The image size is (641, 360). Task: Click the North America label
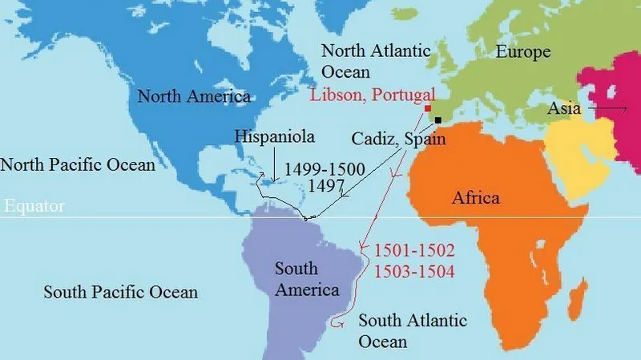[x=194, y=97]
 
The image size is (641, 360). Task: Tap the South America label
[x=307, y=278]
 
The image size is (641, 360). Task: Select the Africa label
[x=475, y=198]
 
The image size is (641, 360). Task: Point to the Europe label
[x=523, y=52]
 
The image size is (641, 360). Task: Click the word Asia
[x=565, y=108]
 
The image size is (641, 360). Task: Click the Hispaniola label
[x=274, y=136]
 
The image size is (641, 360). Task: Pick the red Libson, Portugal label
[x=373, y=94]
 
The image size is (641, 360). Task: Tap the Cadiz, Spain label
[x=398, y=138]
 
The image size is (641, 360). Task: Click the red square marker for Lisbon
[x=427, y=108]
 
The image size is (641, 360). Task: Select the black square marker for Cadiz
[x=437, y=119]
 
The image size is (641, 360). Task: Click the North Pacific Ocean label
[x=77, y=165]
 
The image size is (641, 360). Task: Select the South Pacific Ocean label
[x=120, y=292]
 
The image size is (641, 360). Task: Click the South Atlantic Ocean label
[x=412, y=330]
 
